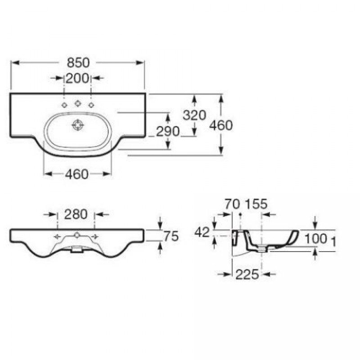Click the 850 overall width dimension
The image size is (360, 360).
click(78, 63)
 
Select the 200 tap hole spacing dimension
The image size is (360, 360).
click(77, 78)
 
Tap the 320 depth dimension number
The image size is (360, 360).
click(194, 115)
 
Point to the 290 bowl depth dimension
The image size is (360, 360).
click(167, 131)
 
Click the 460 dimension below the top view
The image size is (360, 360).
click(76, 174)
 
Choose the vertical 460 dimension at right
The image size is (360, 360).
click(221, 126)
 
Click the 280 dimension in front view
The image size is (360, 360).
click(76, 215)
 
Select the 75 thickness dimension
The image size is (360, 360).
click(171, 236)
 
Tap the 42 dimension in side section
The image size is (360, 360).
click(202, 232)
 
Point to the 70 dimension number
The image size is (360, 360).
click(232, 204)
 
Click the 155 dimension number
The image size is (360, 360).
click(256, 204)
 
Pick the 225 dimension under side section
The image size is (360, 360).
click(247, 274)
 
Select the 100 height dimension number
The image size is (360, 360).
click(316, 238)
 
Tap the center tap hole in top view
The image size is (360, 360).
click(78, 103)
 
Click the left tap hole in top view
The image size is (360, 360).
click(64, 105)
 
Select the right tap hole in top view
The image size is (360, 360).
click(91, 105)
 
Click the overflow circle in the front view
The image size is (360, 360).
click(77, 235)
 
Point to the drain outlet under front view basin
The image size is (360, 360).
click(76, 249)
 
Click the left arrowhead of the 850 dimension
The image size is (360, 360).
click(15, 63)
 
